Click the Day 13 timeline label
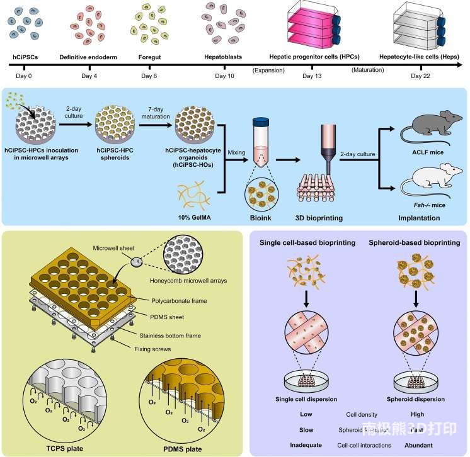coord(311,76)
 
